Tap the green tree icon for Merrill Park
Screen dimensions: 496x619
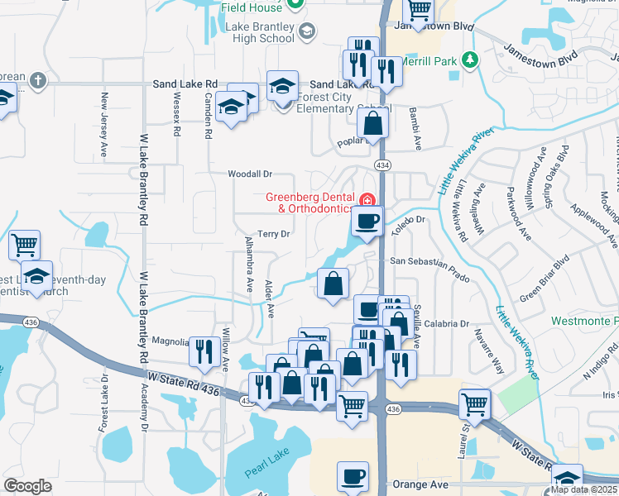[470, 60]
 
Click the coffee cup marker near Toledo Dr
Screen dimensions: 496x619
[367, 221]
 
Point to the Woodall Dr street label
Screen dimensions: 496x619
[250, 174]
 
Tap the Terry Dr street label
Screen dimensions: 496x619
[272, 234]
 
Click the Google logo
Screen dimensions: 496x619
[27, 485]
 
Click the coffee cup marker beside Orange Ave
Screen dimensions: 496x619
[353, 477]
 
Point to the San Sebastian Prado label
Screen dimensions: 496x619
[429, 263]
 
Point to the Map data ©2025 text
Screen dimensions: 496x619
[583, 489]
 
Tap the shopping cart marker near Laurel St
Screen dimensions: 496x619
[474, 404]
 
